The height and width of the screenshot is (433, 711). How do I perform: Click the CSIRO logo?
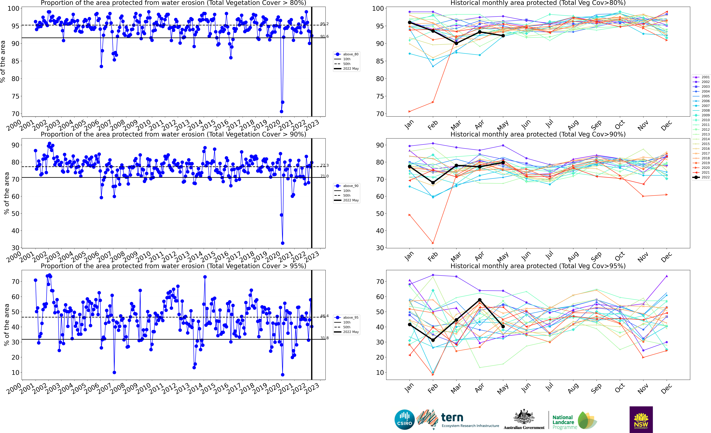click(405, 419)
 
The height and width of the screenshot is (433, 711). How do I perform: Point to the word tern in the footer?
click(452, 417)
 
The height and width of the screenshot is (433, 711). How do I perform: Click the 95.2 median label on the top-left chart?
click(324, 24)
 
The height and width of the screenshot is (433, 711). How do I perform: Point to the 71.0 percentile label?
click(324, 176)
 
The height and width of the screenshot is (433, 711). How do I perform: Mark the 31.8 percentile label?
click(324, 338)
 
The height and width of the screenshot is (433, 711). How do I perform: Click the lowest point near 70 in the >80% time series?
click(281, 111)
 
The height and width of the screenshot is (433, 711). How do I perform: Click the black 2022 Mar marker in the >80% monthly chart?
click(456, 43)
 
